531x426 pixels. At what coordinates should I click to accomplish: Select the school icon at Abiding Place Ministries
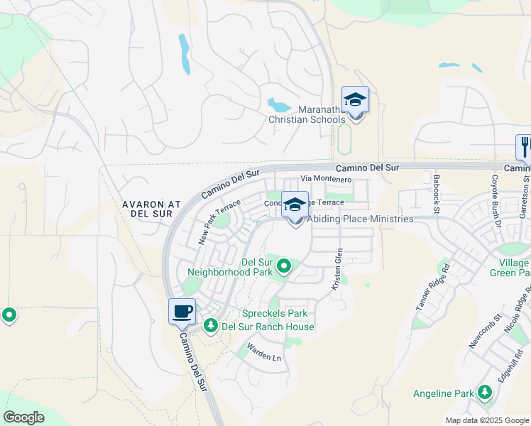point(295,207)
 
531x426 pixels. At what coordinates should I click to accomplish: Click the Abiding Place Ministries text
point(360,219)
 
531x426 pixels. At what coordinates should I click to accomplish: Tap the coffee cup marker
point(182,312)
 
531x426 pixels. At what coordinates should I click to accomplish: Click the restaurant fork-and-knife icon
point(525,147)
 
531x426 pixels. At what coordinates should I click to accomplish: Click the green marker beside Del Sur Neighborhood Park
point(284,267)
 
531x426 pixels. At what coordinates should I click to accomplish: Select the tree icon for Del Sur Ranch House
point(210,326)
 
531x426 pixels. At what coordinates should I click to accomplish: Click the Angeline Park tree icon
point(485,393)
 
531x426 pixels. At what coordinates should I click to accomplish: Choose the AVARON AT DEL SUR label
point(151,209)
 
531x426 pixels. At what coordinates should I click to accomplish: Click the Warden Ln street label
point(264,353)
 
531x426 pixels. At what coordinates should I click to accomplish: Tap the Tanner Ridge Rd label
point(433,283)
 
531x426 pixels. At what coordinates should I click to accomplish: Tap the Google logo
point(24,417)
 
